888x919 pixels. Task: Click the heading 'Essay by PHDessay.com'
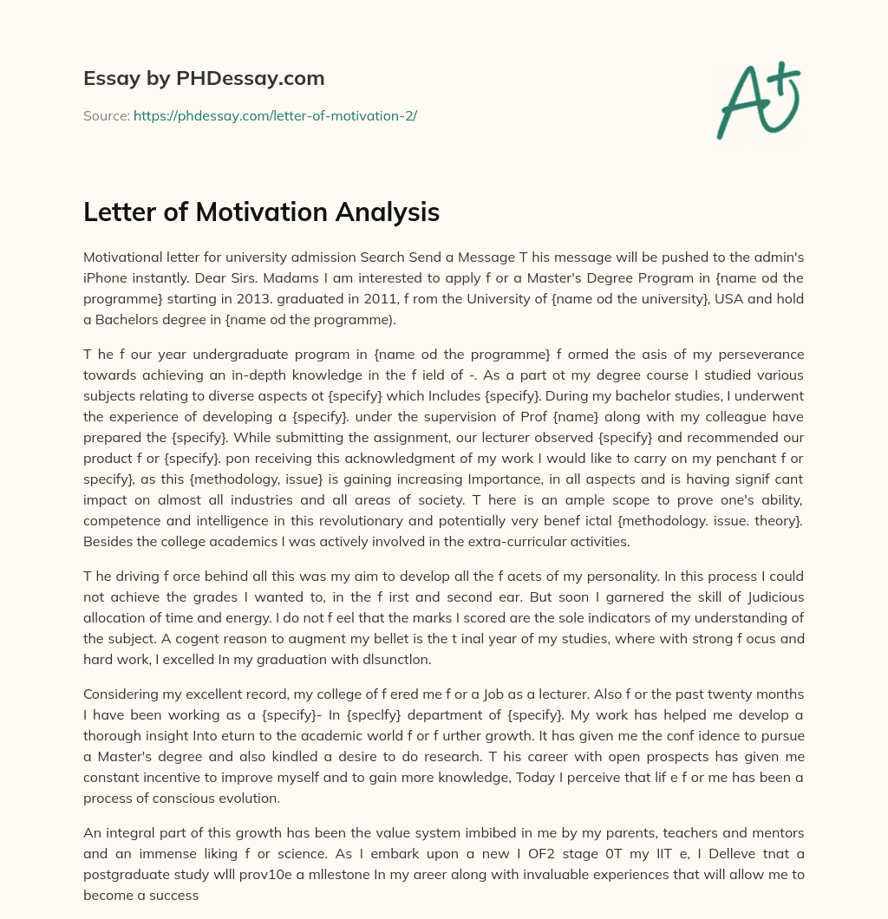(x=204, y=79)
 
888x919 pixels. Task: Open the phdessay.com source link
(x=275, y=115)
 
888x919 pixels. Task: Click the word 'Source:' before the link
(x=107, y=115)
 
